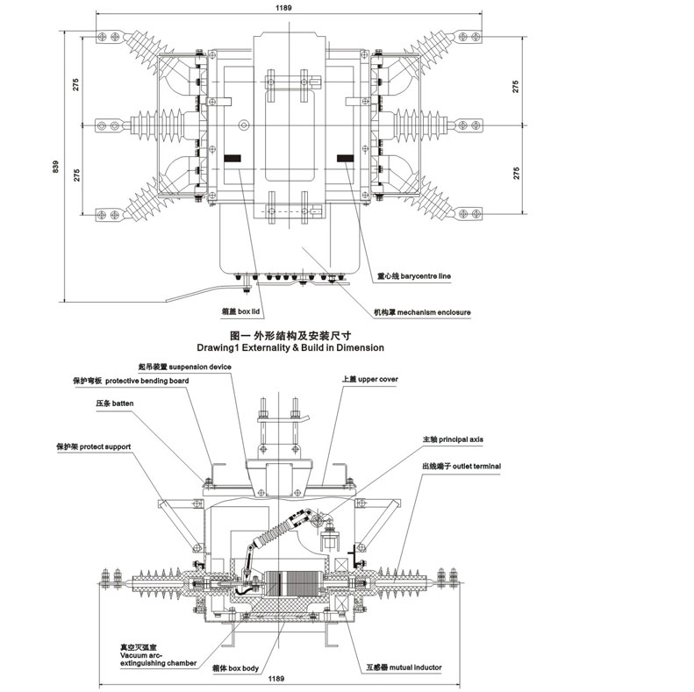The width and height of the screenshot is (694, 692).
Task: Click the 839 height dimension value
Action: [x=56, y=166]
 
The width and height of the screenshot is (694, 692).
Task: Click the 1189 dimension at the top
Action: [x=283, y=7]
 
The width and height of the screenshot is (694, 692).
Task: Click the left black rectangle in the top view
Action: [x=234, y=159]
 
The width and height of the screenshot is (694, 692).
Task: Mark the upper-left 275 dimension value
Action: [x=77, y=85]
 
